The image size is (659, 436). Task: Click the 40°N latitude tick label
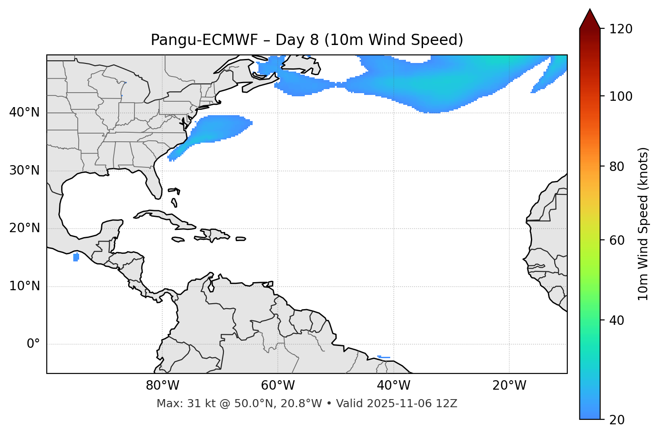tap(24, 112)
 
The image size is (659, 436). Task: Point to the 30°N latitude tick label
tap(24, 171)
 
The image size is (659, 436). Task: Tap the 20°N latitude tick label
tap(24, 228)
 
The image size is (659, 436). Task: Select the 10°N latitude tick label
tap(24, 286)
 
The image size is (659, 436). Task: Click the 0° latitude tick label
tap(33, 344)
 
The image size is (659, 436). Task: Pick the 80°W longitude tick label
tap(162, 386)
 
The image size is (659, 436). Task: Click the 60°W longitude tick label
tap(278, 386)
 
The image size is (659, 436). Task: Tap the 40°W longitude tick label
tap(393, 386)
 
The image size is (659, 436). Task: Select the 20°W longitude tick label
tap(509, 386)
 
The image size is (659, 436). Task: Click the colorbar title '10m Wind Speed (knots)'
tap(643, 224)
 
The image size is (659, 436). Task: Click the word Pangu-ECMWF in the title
tap(204, 40)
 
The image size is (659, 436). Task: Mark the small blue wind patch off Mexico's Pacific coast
tap(76, 257)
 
